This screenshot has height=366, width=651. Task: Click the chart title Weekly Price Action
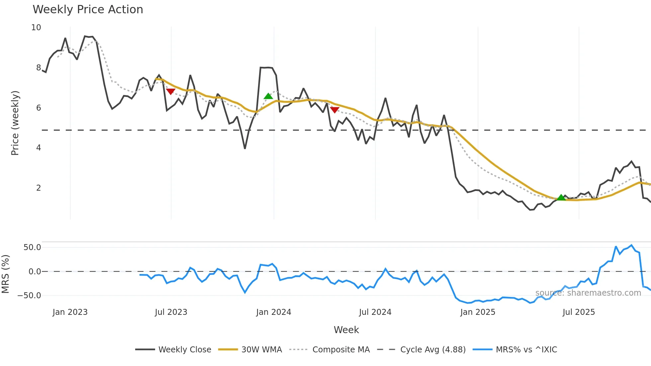point(88,10)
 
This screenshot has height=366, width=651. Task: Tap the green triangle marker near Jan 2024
point(268,96)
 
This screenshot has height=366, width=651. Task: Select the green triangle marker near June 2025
point(561,198)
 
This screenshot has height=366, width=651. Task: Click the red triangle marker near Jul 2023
point(170,91)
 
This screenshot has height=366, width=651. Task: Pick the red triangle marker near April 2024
point(334,110)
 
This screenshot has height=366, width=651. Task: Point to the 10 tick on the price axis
point(36,28)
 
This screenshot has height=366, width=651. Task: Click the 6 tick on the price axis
point(39,108)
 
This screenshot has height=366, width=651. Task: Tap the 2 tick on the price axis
point(39,188)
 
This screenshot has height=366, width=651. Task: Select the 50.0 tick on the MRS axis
point(32,247)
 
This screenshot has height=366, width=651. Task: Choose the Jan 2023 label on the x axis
point(70,312)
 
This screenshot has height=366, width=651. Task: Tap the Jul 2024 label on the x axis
point(375,312)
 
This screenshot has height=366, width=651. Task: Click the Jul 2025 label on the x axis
point(579,312)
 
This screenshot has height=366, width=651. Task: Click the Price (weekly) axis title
point(15,123)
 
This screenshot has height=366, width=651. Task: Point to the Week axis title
point(346,330)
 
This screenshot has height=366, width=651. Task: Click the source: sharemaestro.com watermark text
point(588,293)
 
